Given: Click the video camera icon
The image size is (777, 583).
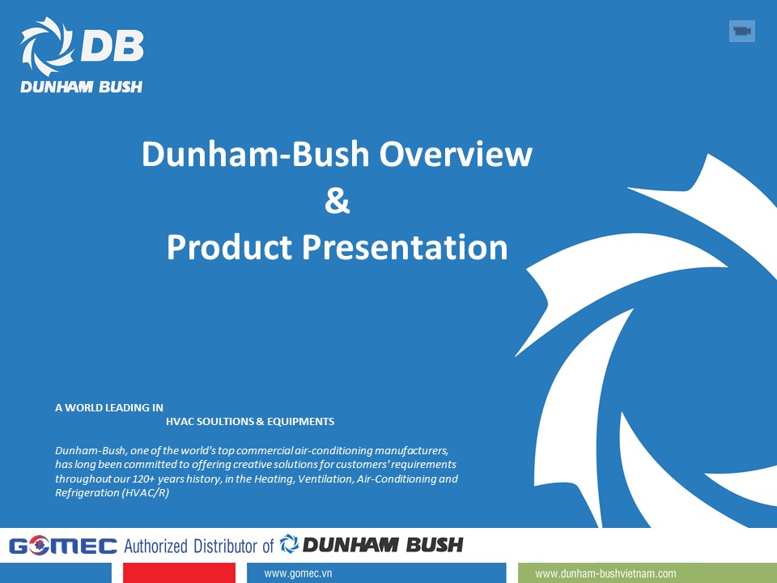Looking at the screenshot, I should click(741, 31).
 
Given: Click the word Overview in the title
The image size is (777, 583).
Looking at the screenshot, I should click(456, 154).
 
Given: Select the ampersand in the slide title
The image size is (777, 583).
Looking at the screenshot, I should click(337, 201).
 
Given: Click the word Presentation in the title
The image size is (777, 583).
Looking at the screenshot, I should click(405, 247).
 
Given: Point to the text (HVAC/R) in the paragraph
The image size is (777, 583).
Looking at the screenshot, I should click(146, 493).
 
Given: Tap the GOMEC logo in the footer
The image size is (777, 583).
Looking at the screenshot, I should click(63, 546).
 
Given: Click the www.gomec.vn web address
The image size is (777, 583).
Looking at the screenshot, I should click(299, 573).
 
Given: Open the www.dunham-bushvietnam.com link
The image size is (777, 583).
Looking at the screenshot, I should click(605, 573).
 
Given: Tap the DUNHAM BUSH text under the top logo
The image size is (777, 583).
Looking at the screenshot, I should click(81, 87).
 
